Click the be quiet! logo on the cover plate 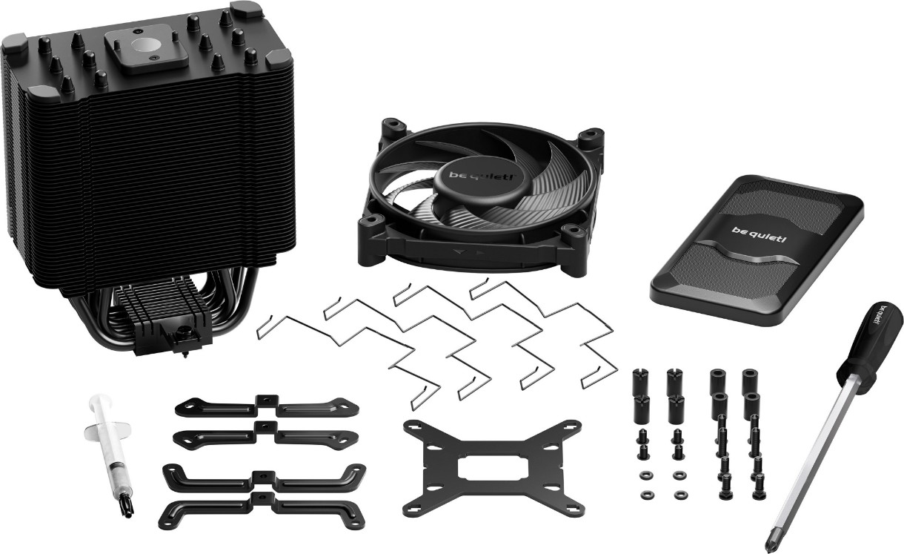point(759,234)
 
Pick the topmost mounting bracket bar point(267,406)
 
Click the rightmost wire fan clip point(545,323)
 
